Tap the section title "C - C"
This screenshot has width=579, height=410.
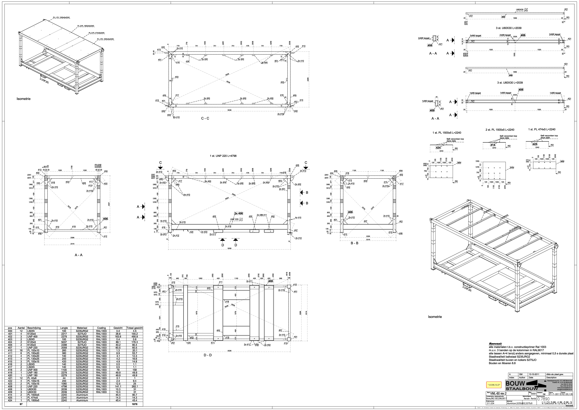[x=205, y=118]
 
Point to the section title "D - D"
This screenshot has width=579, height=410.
[x=208, y=355]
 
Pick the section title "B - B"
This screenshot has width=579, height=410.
[x=354, y=243]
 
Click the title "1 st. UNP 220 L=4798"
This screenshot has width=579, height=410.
[x=223, y=156]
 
